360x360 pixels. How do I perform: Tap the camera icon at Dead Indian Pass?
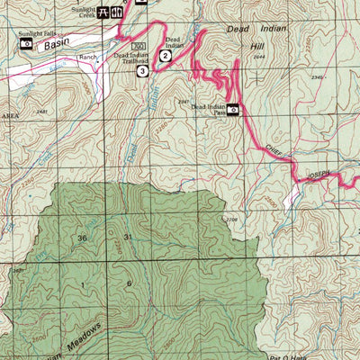tap(233, 110)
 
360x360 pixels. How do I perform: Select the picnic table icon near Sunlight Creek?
tap(104, 13)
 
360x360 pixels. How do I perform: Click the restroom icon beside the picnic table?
tap(117, 13)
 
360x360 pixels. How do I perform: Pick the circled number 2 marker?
tap(166, 56)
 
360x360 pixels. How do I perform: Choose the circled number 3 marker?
tap(142, 70)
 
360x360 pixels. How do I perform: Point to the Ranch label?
tap(87, 56)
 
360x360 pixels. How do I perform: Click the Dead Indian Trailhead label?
tap(131, 58)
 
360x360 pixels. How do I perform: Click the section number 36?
tap(83, 238)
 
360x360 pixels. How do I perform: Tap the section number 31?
tap(128, 237)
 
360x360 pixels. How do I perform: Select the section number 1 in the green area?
tap(82, 283)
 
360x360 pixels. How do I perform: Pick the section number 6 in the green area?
tap(129, 283)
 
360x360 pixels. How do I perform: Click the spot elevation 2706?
tap(231, 219)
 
